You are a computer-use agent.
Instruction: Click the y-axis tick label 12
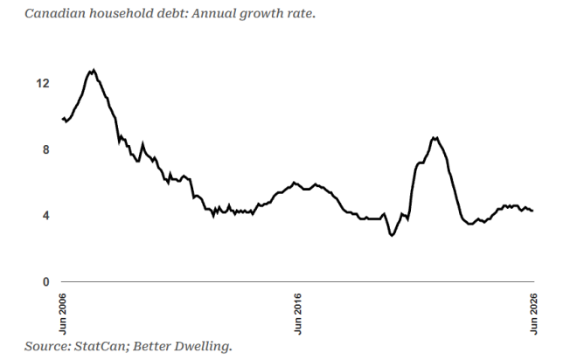tap(43, 84)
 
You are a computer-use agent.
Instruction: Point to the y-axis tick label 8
tap(45, 149)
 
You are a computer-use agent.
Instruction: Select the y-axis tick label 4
tap(45, 216)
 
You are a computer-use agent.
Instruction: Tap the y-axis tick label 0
tap(45, 281)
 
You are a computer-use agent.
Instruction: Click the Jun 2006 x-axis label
tap(63, 314)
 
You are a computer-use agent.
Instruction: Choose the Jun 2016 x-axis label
tap(298, 314)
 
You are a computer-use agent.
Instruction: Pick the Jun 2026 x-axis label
tap(533, 314)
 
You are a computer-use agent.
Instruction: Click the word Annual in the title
tap(213, 14)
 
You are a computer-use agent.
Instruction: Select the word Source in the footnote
tap(47, 346)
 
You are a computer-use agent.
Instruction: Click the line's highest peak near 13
tap(94, 70)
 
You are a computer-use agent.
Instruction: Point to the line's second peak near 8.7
tap(434, 138)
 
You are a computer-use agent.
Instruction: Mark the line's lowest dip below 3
tap(392, 235)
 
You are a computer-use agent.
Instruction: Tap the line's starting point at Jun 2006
tap(62, 119)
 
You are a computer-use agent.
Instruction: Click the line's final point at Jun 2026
tap(532, 211)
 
